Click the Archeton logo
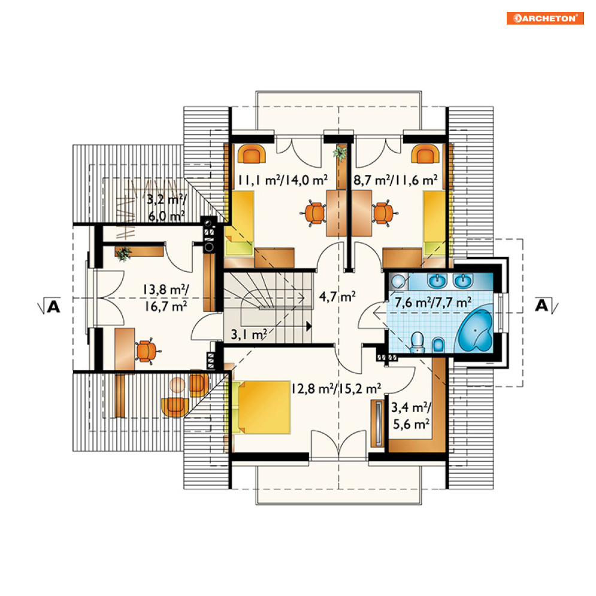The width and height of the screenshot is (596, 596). pyautogui.click(x=545, y=18)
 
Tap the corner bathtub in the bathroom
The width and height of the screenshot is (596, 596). pyautogui.click(x=476, y=330)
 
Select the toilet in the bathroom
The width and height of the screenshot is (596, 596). pyautogui.click(x=417, y=341)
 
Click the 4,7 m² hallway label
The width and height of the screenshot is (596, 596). pyautogui.click(x=337, y=297)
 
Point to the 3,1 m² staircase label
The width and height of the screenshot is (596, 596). pyautogui.click(x=249, y=334)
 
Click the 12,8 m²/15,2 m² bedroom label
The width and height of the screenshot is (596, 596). pyautogui.click(x=337, y=389)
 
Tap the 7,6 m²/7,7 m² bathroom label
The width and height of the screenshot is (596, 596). pyautogui.click(x=433, y=302)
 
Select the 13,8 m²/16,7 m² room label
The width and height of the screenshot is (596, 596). pyautogui.click(x=166, y=298)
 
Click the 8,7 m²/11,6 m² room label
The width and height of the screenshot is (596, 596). pyautogui.click(x=395, y=180)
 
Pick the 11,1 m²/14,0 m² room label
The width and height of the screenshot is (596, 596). pyautogui.click(x=283, y=180)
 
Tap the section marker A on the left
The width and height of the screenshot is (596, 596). pyautogui.click(x=50, y=306)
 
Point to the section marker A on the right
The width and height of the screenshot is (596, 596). pyautogui.click(x=546, y=305)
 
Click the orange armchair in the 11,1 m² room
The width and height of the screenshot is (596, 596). pyautogui.click(x=252, y=153)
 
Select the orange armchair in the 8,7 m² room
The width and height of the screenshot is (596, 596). pyautogui.click(x=426, y=153)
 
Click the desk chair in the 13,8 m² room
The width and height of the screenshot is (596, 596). pyautogui.click(x=147, y=351)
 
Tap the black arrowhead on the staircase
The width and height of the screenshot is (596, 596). pyautogui.click(x=309, y=326)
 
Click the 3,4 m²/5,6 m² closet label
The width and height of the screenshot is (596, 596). pyautogui.click(x=412, y=416)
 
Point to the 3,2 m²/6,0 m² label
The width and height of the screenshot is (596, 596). pyautogui.click(x=167, y=207)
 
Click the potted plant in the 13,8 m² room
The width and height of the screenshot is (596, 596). pyautogui.click(x=123, y=253)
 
